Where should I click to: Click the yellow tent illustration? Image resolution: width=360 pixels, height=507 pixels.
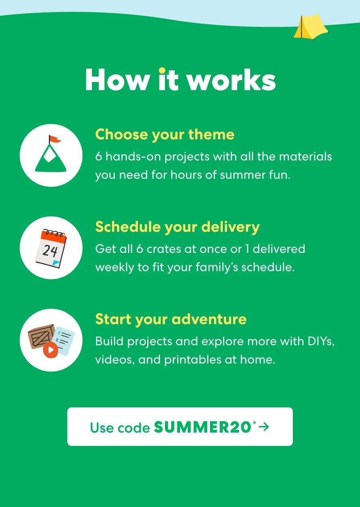[x=310, y=27]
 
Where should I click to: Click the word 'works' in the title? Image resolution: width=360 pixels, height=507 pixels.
[x=231, y=80]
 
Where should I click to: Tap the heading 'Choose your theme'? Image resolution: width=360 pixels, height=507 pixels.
[x=164, y=134]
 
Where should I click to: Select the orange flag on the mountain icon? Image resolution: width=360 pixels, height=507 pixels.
[x=55, y=139]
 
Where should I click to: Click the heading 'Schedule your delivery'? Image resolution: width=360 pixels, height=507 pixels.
[x=177, y=227]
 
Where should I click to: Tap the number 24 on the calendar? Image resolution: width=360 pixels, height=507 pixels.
[x=50, y=251]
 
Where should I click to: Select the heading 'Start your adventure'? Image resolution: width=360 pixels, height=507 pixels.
[x=171, y=319]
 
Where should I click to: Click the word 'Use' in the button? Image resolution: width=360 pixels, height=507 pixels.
[x=101, y=428]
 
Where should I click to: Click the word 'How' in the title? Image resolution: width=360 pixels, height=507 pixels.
[x=116, y=80]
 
